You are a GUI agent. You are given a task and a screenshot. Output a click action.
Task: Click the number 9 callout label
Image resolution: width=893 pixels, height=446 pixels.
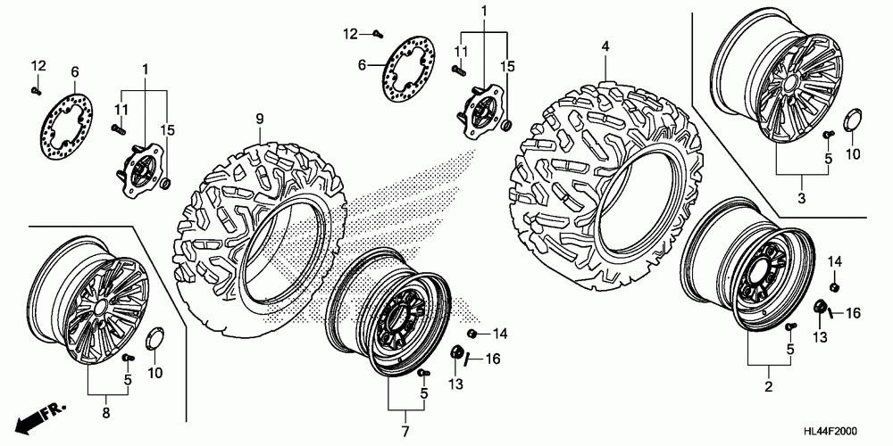(260, 119)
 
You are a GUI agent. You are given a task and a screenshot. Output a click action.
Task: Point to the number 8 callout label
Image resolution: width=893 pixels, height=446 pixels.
(107, 413)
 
